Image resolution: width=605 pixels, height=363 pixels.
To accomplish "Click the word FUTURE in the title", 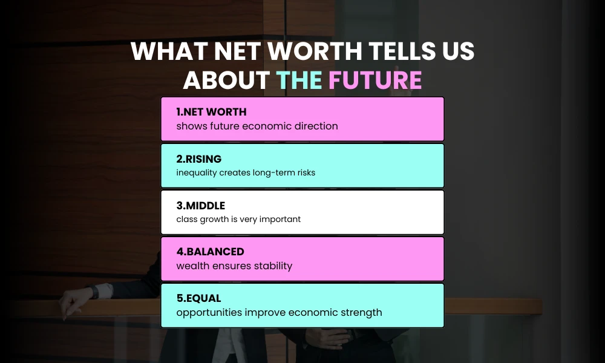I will (x=375, y=80).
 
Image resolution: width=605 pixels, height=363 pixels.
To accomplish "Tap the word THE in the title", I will (x=300, y=80).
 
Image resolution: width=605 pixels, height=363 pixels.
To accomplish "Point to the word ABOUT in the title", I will (x=227, y=80).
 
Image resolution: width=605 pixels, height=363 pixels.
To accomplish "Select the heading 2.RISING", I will (x=199, y=159).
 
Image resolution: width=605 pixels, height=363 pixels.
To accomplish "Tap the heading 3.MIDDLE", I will (x=201, y=206).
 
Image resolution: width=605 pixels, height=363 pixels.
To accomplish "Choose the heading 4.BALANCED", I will (x=210, y=252).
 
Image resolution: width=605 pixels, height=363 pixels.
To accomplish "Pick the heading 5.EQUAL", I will (x=198, y=298).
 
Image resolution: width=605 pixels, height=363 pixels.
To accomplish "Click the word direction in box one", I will (x=316, y=126).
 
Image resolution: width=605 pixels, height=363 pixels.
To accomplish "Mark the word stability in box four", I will (x=270, y=266).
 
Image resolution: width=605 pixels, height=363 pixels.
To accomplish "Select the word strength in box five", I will (x=361, y=312).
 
